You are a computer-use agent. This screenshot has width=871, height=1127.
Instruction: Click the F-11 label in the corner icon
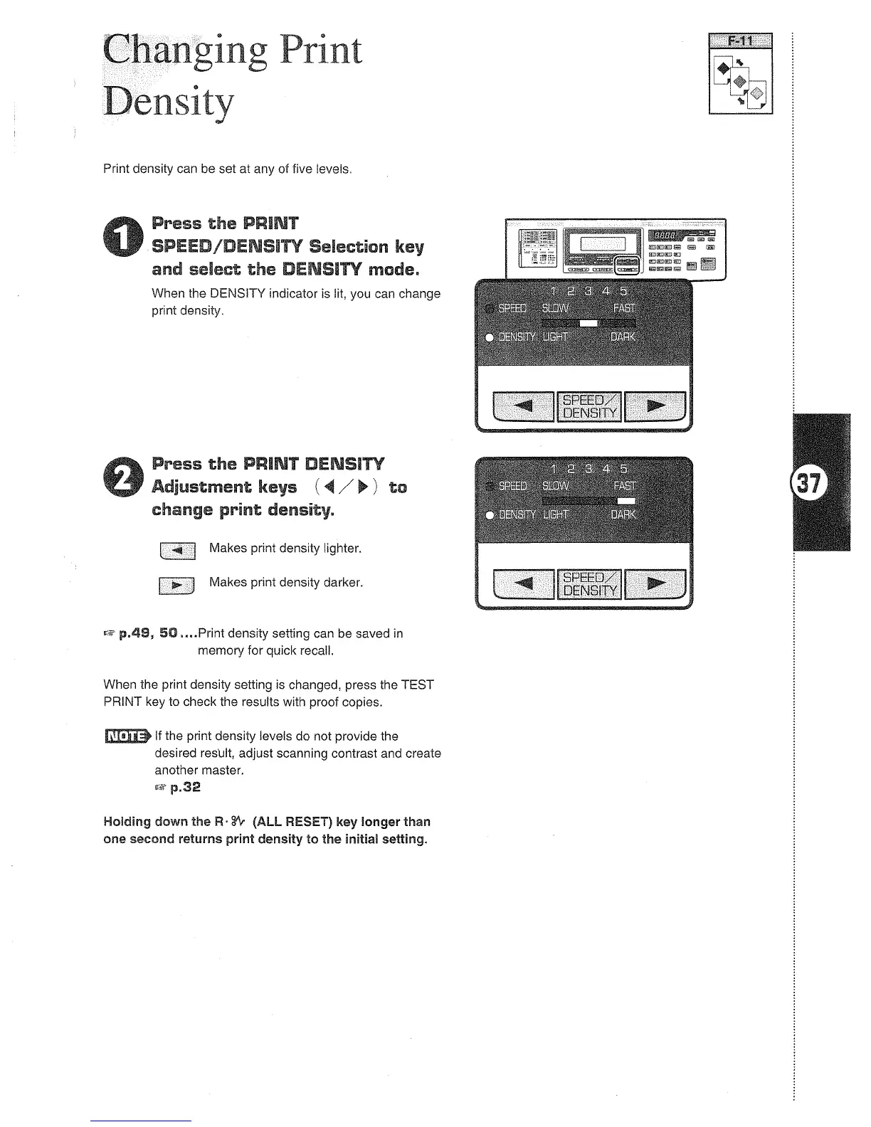pos(740,41)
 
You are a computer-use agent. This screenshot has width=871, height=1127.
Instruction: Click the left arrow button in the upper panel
pos(523,407)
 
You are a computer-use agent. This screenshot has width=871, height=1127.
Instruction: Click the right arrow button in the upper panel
pos(655,407)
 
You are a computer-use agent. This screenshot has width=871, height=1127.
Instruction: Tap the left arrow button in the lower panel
pos(523,585)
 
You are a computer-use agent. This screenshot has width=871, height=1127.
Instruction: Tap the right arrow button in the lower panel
pos(655,585)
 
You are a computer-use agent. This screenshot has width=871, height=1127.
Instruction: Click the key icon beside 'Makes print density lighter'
pos(178,550)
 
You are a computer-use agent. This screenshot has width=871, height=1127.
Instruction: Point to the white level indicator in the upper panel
pos(588,323)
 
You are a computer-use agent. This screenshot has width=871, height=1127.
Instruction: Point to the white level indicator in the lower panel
pos(626,501)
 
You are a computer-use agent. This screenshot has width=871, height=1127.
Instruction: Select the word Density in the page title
pos(169,102)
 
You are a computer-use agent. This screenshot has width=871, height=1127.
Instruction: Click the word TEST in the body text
pos(417,685)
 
